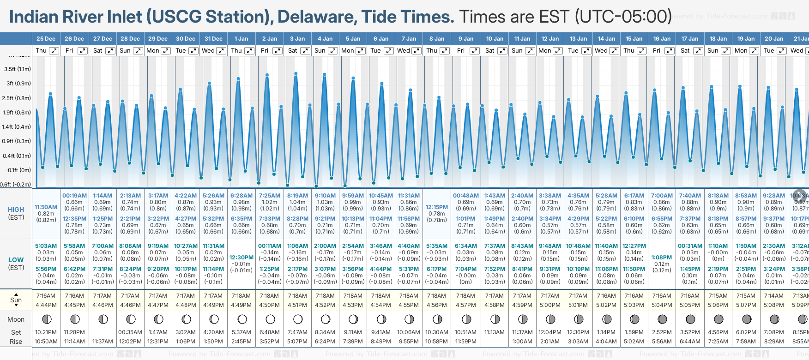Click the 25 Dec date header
coord(46,39)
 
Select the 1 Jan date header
coord(241,39)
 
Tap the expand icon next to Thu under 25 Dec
coord(54,51)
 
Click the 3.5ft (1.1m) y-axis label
coord(17,69)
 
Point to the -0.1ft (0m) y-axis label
coord(18,170)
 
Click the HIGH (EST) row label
coord(16,213)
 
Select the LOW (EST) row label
coord(16,264)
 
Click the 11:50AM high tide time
coord(46,207)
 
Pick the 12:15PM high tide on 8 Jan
coord(437,207)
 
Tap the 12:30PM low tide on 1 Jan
coord(241,258)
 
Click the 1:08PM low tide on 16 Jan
coord(662,258)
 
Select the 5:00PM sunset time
coord(550,305)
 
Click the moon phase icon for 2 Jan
coord(270,319)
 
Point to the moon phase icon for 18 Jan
coord(718,319)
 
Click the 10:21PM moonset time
coord(46,332)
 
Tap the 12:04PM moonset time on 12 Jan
coord(550,332)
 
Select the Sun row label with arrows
coord(16,300)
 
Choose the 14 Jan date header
coord(606,39)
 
